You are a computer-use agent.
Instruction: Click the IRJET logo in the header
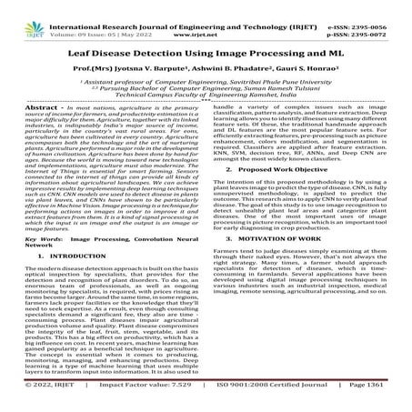tap(24, 13)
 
